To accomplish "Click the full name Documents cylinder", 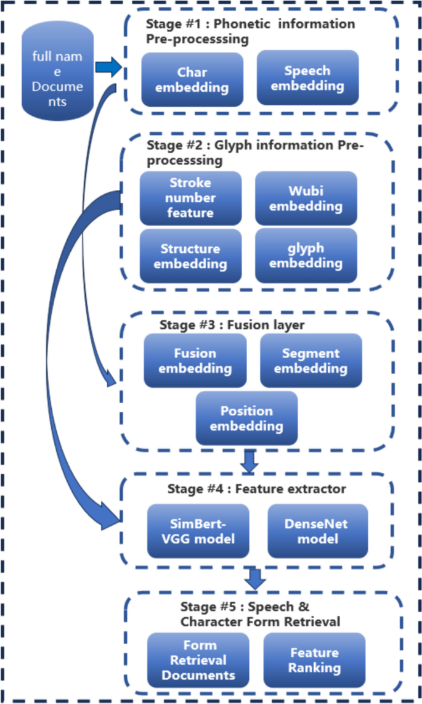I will point(57,72).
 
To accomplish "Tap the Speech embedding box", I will point(307,78).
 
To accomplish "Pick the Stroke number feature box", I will point(190,198).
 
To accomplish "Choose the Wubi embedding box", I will point(306,198).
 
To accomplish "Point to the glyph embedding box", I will point(306,256).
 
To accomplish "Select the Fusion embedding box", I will point(195,361).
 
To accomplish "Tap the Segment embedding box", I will point(310,361).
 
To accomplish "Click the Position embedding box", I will point(246,419).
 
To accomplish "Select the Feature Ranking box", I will point(314,660).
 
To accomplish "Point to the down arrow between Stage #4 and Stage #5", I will point(255,579).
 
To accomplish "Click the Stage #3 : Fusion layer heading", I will point(232,325).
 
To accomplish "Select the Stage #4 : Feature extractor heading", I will point(256,489).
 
